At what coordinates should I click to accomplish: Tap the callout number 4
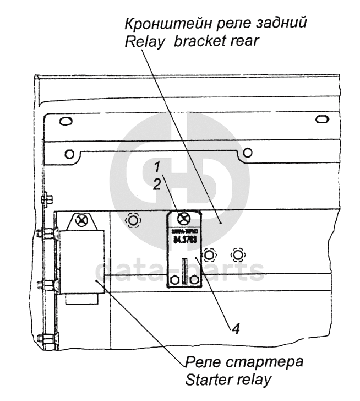coord(235,329)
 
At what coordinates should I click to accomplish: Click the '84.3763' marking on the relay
coord(185,240)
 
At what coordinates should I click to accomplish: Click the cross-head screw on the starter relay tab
coord(83,221)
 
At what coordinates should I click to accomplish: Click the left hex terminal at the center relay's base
coord(176,280)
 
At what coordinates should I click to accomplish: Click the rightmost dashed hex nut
coord(237,254)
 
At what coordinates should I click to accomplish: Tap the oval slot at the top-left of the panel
coord(64,121)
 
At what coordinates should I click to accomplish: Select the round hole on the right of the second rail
coord(248,152)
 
